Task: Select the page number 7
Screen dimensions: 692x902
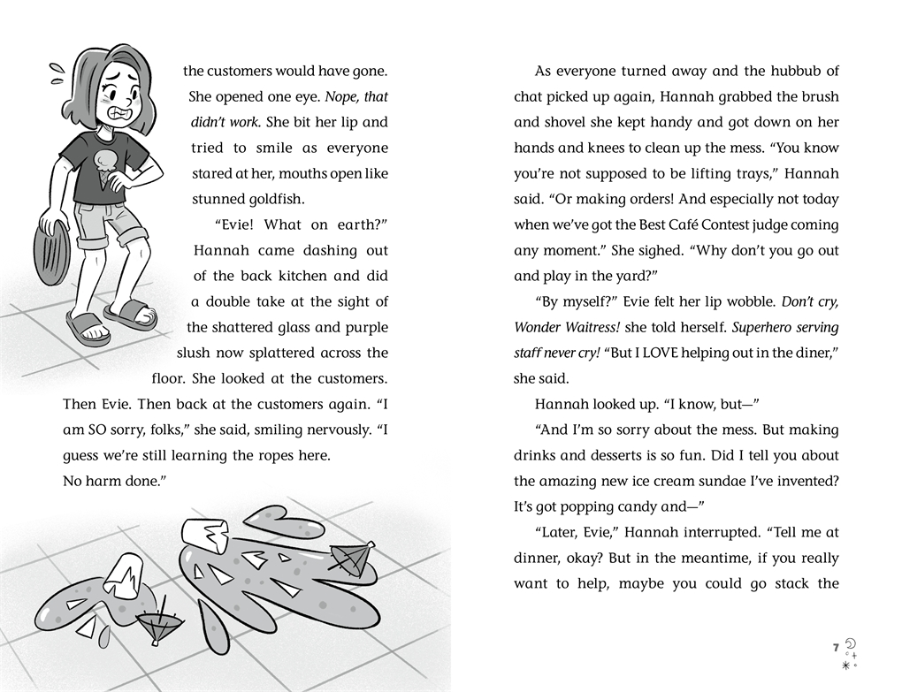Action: [836, 649]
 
